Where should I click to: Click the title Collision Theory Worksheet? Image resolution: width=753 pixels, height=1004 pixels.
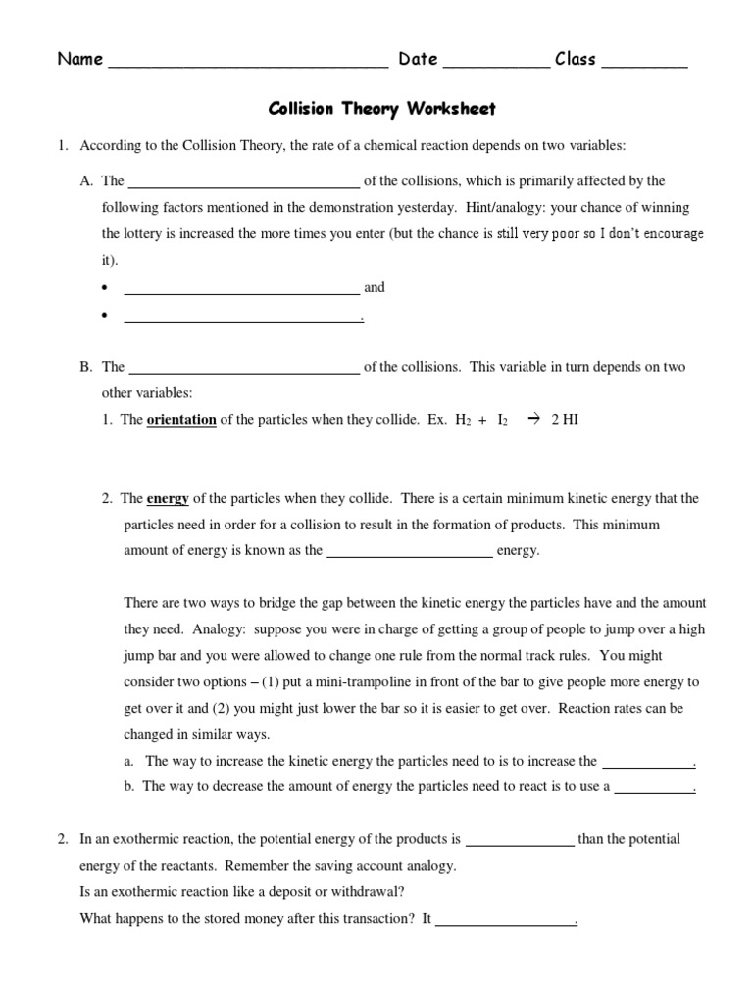click(x=383, y=109)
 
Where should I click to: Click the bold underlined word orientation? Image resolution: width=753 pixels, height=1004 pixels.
click(x=181, y=420)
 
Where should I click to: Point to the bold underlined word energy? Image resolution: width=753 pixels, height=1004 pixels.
click(x=168, y=499)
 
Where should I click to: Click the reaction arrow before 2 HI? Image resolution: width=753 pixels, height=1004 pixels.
click(x=534, y=420)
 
